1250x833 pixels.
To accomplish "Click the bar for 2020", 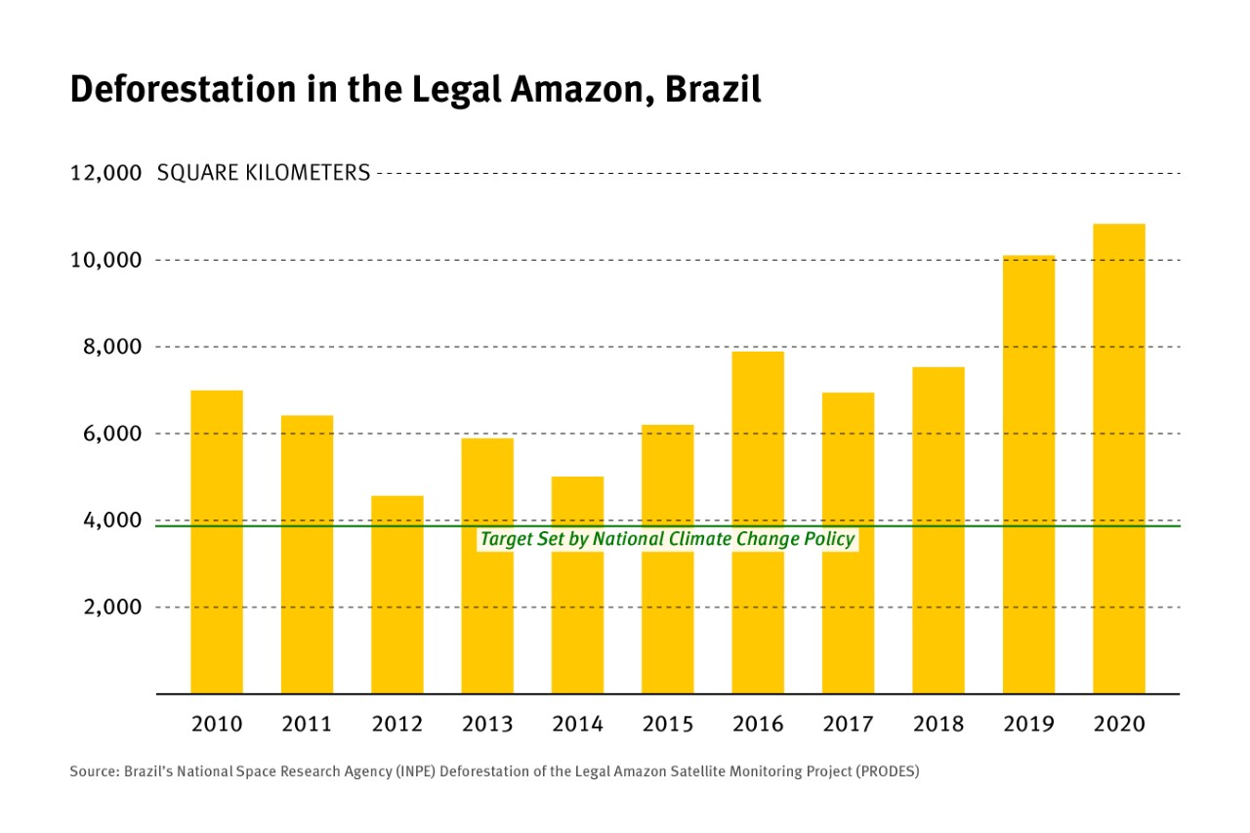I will point(1118,459).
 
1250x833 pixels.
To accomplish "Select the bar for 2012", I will point(397,595).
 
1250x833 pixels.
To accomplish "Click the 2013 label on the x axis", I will point(487,725).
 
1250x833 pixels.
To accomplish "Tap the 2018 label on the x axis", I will point(938,725).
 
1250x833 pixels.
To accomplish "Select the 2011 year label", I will point(307,725).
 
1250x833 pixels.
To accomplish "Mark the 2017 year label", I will point(848,725).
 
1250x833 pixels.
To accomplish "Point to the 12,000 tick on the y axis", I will point(106,174).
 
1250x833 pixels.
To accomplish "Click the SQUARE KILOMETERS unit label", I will point(264,174).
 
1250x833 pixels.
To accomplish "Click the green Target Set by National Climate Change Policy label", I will point(667,539).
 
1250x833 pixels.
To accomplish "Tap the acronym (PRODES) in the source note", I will point(888,771).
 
